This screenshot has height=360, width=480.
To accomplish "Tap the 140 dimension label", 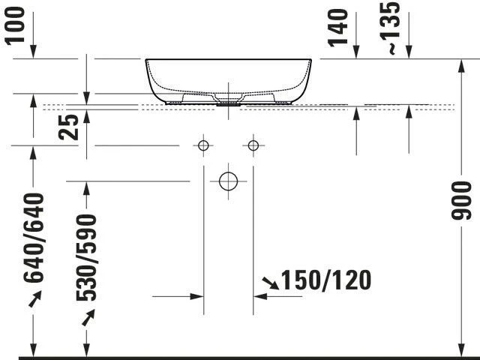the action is tap(338, 28).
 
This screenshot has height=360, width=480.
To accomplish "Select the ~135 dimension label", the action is tap(390, 28).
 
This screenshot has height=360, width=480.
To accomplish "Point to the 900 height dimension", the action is tap(460, 200).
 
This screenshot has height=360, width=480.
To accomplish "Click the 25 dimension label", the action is tap(68, 127).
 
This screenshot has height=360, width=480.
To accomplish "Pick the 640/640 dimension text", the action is tap(34, 238).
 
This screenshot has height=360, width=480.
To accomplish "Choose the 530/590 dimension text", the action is tap(86, 258).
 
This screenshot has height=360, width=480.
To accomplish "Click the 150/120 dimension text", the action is tap(326, 280).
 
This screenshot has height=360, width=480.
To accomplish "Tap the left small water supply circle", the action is tap(203, 145).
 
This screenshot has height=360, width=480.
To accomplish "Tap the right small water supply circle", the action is tap(253, 145).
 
